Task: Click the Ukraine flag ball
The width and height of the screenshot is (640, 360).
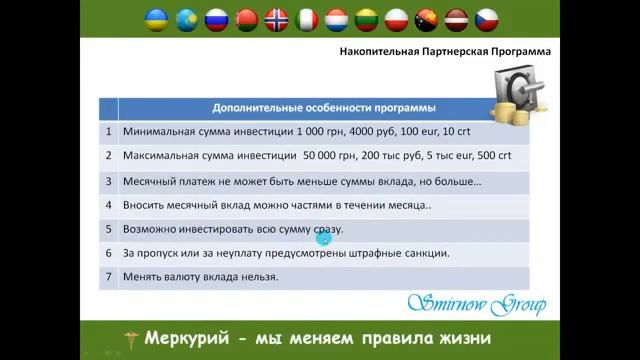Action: pyautogui.click(x=155, y=20)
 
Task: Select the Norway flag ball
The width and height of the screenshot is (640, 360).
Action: pyautogui.click(x=276, y=20)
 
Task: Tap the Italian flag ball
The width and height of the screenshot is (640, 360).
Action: pyautogui.click(x=307, y=20)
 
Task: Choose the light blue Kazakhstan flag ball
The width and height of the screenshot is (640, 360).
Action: pyautogui.click(x=186, y=20)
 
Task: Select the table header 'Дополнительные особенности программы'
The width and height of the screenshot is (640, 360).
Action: pyautogui.click(x=323, y=107)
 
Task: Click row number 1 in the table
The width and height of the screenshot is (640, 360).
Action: pyautogui.click(x=108, y=131)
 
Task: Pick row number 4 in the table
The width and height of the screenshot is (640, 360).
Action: pyautogui.click(x=108, y=205)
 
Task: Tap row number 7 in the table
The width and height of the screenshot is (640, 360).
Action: pyautogui.click(x=108, y=277)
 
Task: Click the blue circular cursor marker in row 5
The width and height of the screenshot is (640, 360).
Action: pyautogui.click(x=323, y=237)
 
